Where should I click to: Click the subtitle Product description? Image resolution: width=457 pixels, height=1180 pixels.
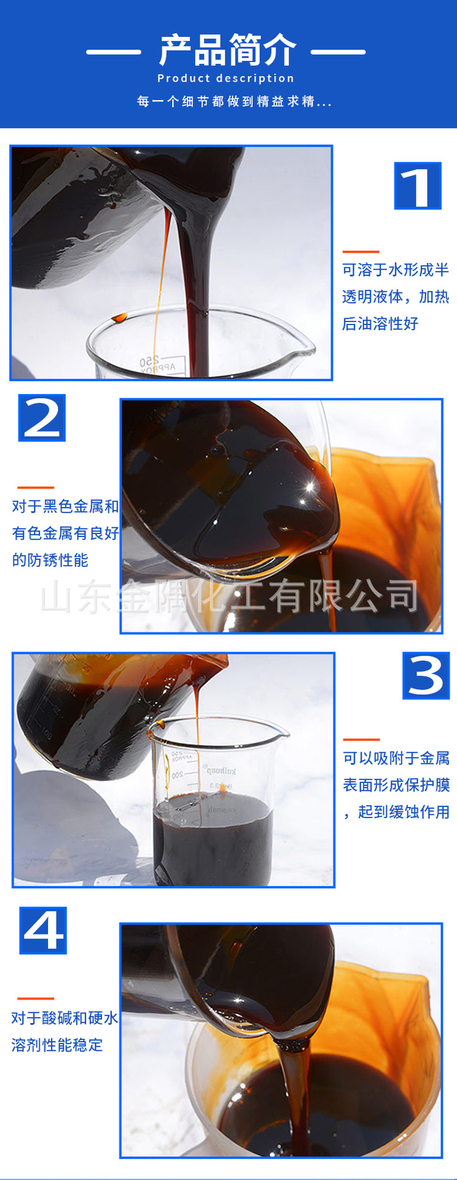point(226,79)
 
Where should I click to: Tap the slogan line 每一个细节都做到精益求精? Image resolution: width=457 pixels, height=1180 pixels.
point(234,101)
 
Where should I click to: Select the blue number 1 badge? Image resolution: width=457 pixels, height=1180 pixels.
point(418,186)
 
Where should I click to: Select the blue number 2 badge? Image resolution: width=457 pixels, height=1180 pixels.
point(42,418)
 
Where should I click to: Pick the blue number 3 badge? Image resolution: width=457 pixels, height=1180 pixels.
point(426,675)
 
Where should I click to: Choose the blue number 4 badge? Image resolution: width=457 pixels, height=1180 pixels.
point(43,930)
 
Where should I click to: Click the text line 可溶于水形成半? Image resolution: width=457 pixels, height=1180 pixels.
point(395,270)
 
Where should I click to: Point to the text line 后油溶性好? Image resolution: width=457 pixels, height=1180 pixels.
point(380,324)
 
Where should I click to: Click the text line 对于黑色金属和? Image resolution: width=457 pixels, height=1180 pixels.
point(65,506)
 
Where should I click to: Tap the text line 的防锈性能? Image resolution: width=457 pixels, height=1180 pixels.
point(50,560)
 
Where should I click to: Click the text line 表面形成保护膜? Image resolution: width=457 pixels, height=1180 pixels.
point(396,785)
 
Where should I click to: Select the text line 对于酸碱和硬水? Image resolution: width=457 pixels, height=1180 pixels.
point(65,1018)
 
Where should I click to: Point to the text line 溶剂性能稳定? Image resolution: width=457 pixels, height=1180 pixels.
point(57,1045)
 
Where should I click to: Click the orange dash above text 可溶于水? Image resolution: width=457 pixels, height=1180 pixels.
point(360,251)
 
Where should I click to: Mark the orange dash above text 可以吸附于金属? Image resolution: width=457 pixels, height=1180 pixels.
point(361,739)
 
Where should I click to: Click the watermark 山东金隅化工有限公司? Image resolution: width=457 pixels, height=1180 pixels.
point(229,596)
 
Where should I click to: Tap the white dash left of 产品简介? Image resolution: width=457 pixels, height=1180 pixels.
point(113,52)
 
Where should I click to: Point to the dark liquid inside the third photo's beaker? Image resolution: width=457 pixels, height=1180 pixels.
point(213,842)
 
